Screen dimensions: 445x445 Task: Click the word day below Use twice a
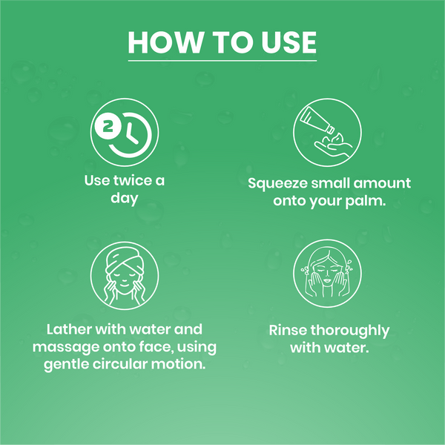coord(124,199)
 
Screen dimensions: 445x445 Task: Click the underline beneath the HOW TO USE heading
coord(222,60)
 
